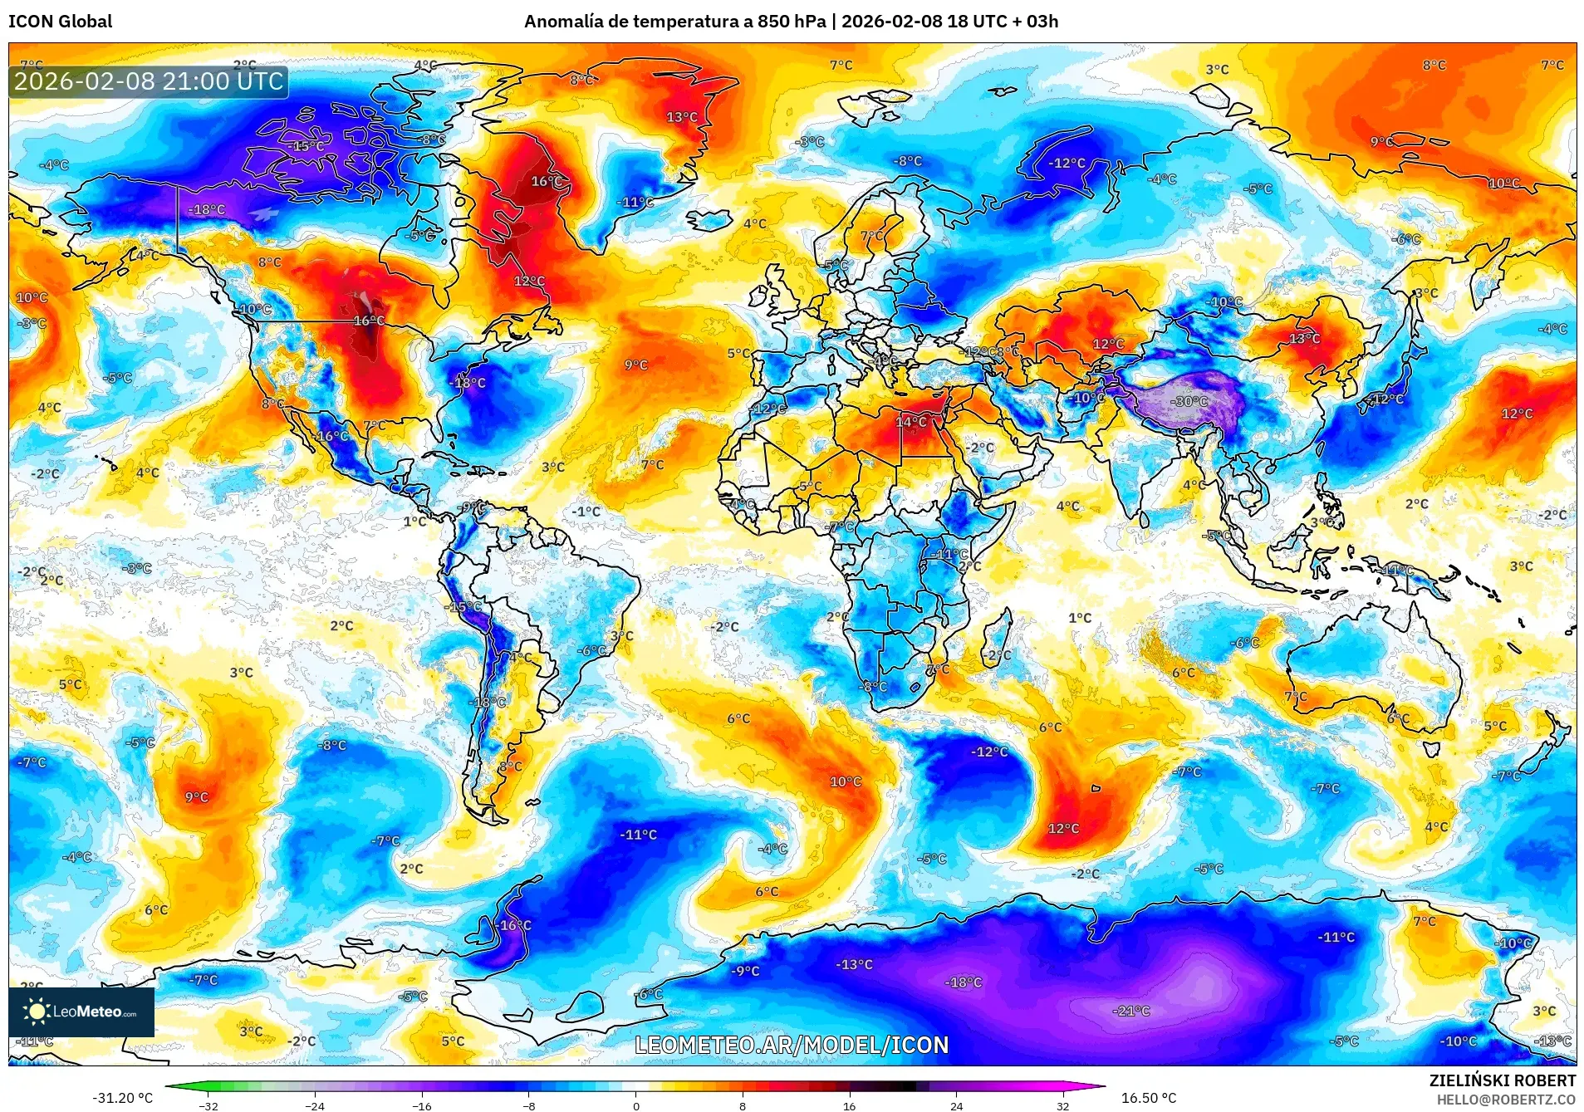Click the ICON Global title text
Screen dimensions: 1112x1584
[x=60, y=22]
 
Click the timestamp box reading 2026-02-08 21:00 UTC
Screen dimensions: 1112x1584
[x=149, y=81]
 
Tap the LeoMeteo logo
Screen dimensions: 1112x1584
[x=81, y=1012]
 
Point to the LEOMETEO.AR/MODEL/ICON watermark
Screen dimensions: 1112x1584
[x=792, y=1045]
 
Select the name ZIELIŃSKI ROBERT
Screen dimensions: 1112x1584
[x=1502, y=1080]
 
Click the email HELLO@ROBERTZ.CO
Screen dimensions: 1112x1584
[x=1506, y=1100]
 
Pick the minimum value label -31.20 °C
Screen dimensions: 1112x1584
[x=123, y=1098]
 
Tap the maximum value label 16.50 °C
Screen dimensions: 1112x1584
[x=1149, y=1098]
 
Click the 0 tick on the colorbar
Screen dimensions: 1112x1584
[x=636, y=1105]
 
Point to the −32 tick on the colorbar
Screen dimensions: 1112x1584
[x=208, y=1105]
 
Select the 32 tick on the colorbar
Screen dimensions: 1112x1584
[x=1063, y=1105]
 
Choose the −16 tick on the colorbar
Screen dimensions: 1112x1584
[x=422, y=1105]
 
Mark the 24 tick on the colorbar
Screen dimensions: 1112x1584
[x=957, y=1105]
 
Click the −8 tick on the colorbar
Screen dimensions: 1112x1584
[x=529, y=1105]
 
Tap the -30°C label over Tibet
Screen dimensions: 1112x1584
[x=1189, y=401]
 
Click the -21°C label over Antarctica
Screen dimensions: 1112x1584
[x=1131, y=1011]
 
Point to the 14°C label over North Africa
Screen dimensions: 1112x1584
[x=910, y=422]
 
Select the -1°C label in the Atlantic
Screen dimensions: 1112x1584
[x=586, y=512]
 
